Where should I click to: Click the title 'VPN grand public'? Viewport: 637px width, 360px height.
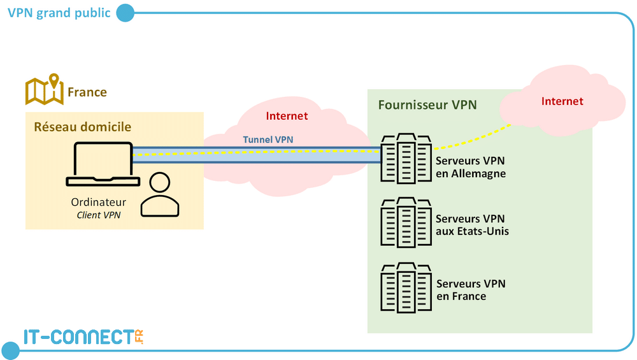59,13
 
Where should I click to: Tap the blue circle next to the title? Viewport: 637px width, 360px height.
125,13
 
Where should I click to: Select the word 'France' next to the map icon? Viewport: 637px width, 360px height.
87,92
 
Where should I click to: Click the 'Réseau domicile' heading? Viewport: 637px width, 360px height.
82,127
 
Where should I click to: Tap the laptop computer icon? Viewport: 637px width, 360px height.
103,164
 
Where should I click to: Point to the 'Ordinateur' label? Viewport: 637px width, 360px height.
98,203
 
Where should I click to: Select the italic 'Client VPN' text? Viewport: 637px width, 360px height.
98,215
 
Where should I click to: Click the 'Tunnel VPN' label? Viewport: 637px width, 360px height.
268,140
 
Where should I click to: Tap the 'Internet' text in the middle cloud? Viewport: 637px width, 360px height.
287,116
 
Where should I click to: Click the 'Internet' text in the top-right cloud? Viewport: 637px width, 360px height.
562,101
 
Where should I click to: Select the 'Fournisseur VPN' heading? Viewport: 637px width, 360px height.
427,104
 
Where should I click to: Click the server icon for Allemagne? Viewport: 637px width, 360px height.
406,159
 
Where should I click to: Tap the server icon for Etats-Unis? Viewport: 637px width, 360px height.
406,222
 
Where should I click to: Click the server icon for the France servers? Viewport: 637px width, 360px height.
406,288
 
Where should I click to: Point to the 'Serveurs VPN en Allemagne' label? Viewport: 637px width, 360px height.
471,167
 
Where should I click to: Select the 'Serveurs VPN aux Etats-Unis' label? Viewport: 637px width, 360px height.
472,225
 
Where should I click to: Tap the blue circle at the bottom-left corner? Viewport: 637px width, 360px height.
11,350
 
